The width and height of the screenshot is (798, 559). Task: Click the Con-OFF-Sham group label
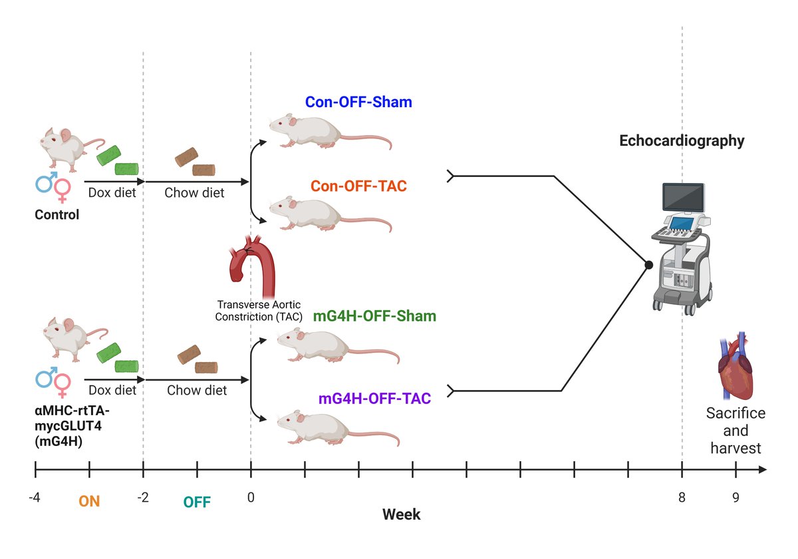[x=358, y=102]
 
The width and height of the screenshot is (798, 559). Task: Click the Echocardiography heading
[x=682, y=141]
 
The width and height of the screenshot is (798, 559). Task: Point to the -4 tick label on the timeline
[x=35, y=496]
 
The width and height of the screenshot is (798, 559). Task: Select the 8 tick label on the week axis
[x=682, y=496]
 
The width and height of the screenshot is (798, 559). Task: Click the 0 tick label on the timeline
[x=251, y=496]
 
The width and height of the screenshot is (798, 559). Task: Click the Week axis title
[x=402, y=515]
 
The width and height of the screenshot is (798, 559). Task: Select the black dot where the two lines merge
[x=648, y=265]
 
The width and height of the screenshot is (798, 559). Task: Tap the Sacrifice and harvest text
[x=735, y=431]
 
